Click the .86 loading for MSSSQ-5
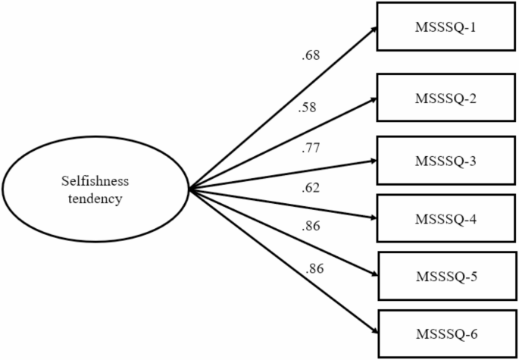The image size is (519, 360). click(312, 225)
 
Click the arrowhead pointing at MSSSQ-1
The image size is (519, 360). click(374, 31)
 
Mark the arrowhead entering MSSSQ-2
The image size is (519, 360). click(374, 99)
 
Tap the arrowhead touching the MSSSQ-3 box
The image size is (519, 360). click(374, 161)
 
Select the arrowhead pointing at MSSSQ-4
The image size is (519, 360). click(374, 218)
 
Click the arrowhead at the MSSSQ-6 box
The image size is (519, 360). click(374, 331)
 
